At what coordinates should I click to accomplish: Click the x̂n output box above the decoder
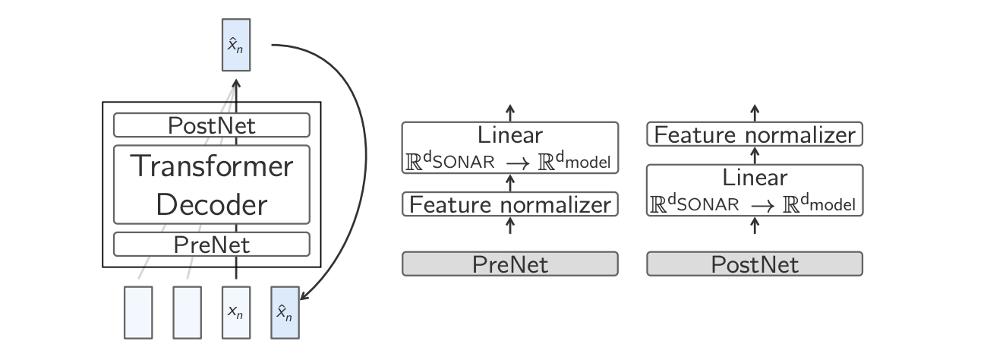[235, 44]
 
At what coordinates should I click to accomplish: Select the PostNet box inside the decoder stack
[212, 125]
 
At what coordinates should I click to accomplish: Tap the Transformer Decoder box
[212, 185]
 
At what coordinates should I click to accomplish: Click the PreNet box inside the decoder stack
[212, 245]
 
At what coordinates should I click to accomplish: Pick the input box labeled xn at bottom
[235, 311]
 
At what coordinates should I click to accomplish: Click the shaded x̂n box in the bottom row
[285, 311]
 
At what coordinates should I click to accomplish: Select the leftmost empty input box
[138, 311]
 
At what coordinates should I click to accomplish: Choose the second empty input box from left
[187, 311]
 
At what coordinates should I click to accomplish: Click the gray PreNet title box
[509, 264]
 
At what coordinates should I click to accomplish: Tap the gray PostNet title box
[754, 264]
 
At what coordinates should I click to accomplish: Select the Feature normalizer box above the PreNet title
[509, 204]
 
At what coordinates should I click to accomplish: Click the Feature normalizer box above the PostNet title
[754, 135]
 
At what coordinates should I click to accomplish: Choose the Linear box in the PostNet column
[754, 191]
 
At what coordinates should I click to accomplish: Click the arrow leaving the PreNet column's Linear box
[509, 110]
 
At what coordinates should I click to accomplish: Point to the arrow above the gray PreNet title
[509, 226]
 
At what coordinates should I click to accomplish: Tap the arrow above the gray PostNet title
[754, 226]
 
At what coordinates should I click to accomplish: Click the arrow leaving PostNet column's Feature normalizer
[754, 110]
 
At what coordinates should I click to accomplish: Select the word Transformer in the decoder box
[212, 166]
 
